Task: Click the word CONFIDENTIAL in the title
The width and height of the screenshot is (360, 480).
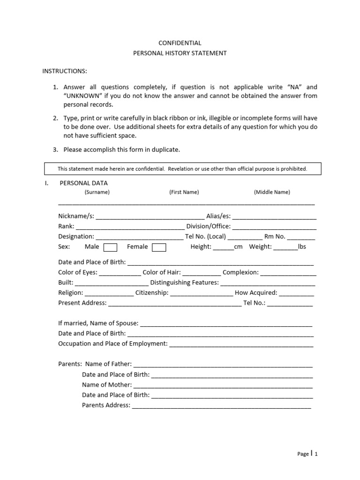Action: pyautogui.click(x=180, y=43)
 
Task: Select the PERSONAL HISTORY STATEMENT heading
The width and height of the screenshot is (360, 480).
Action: pyautogui.click(x=180, y=53)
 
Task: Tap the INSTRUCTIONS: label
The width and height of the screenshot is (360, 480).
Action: pyautogui.click(x=65, y=71)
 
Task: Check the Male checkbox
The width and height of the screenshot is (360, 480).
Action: pyautogui.click(x=110, y=247)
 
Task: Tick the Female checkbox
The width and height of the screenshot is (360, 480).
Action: pyautogui.click(x=159, y=247)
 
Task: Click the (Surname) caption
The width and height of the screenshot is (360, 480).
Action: pyautogui.click(x=97, y=192)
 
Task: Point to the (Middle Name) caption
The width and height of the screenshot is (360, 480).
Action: pyautogui.click(x=272, y=192)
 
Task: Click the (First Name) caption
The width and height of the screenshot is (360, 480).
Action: pyautogui.click(x=184, y=192)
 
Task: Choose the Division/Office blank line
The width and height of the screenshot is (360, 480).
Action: pyautogui.click(x=274, y=227)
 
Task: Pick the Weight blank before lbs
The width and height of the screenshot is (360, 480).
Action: pyautogui.click(x=285, y=247)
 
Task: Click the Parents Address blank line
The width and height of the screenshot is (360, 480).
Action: pyautogui.click(x=221, y=406)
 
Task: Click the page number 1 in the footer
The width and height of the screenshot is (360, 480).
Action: pyautogui.click(x=316, y=454)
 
